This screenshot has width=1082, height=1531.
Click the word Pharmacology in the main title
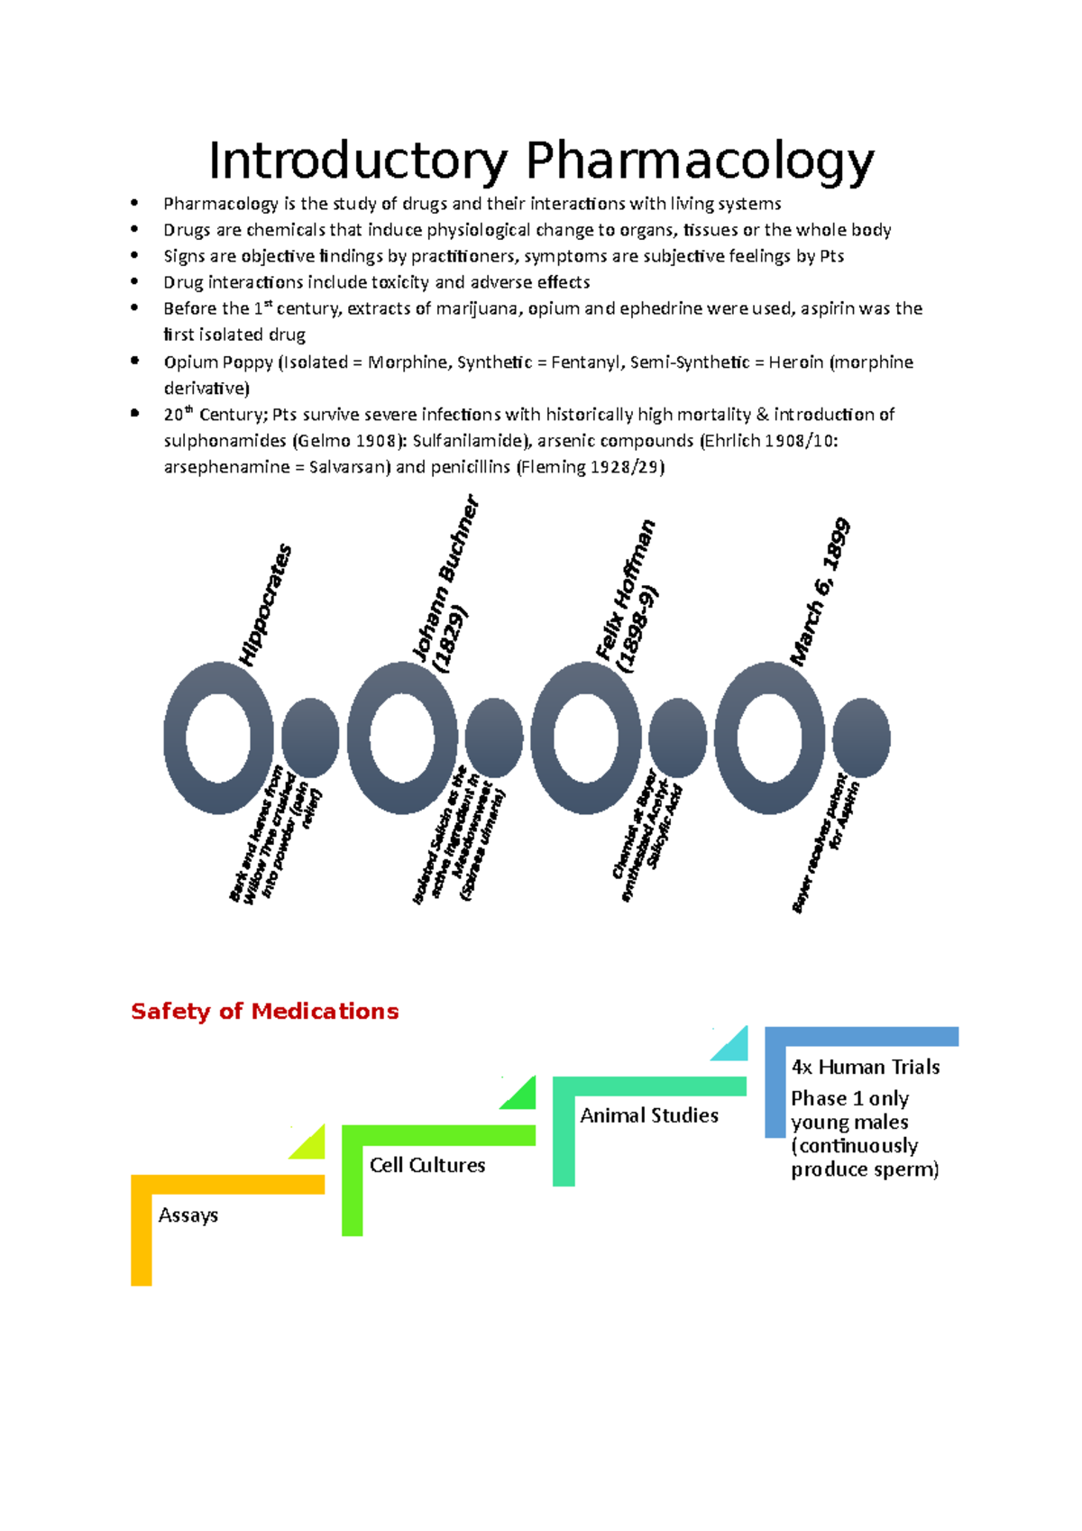[x=699, y=162]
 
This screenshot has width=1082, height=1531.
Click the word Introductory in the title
[x=358, y=162]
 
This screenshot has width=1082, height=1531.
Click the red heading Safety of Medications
[x=264, y=1011]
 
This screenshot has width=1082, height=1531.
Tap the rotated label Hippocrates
[x=266, y=604]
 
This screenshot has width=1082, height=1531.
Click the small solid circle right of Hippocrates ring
[x=310, y=738]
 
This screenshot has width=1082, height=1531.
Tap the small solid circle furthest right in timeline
[x=861, y=738]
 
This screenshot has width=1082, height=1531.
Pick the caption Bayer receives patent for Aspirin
[x=825, y=844]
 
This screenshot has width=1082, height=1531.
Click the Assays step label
[x=188, y=1215]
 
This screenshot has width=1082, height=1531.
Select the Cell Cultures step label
[x=427, y=1165]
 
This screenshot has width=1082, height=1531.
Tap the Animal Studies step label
[x=649, y=1115]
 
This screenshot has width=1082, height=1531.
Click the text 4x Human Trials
[x=866, y=1067]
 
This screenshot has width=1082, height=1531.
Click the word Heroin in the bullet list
[x=795, y=362]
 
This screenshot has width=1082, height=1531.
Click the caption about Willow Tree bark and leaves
[x=274, y=834]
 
